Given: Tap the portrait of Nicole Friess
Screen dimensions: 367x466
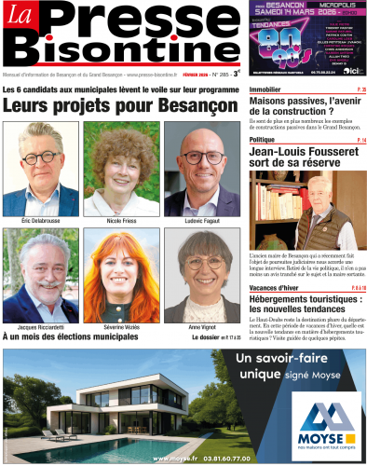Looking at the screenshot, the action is (121, 169).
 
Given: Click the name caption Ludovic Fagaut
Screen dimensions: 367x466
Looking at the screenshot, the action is (201, 220).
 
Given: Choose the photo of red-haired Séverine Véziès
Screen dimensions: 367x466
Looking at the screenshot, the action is (121, 277).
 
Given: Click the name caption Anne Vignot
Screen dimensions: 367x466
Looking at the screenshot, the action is (201, 328).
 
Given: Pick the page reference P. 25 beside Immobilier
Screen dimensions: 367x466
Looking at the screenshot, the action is (360, 89).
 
